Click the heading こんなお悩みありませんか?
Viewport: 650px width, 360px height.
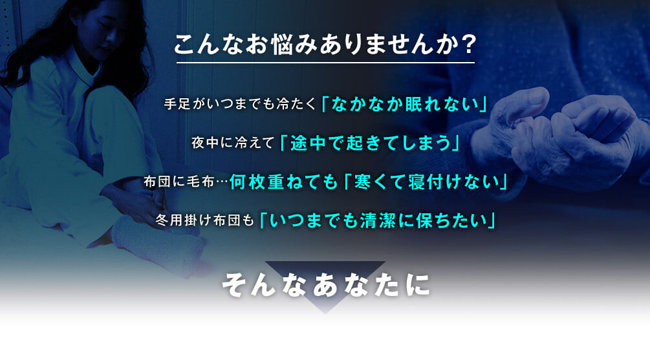(x=325, y=44)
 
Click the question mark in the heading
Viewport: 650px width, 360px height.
(x=469, y=45)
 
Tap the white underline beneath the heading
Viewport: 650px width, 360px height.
(x=325, y=63)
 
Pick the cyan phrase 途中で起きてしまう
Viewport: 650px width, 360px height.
(x=370, y=143)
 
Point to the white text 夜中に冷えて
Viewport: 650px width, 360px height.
(x=233, y=143)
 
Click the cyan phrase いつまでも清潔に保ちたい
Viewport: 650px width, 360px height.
(x=378, y=220)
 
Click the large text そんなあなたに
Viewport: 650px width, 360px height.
(x=326, y=285)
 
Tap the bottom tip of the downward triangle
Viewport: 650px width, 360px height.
(x=325, y=313)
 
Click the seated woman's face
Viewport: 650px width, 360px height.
(x=101, y=31)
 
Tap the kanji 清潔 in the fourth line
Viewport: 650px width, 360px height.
(x=377, y=220)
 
